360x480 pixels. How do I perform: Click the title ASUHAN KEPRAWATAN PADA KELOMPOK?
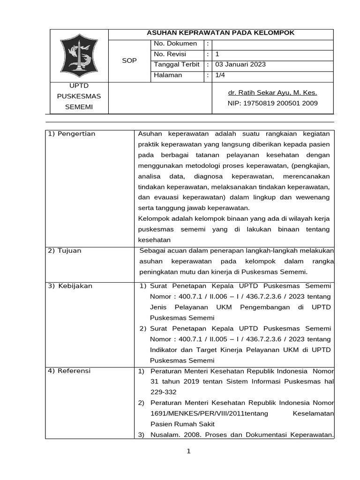point(221,33)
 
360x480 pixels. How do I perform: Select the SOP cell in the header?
point(129,60)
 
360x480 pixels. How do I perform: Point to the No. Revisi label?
point(170,54)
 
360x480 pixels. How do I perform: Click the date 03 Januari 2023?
point(240,65)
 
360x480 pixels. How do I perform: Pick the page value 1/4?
point(220,75)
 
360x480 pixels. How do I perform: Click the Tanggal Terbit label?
point(177,65)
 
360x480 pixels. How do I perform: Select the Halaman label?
point(167,75)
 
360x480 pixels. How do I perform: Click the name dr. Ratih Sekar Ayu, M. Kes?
point(272,92)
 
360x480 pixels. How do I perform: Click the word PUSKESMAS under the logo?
point(79,96)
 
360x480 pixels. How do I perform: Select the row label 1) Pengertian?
point(72,134)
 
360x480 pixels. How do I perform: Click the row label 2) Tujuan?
point(65,250)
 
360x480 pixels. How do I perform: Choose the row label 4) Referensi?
point(70,371)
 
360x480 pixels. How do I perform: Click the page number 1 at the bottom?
point(189,451)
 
